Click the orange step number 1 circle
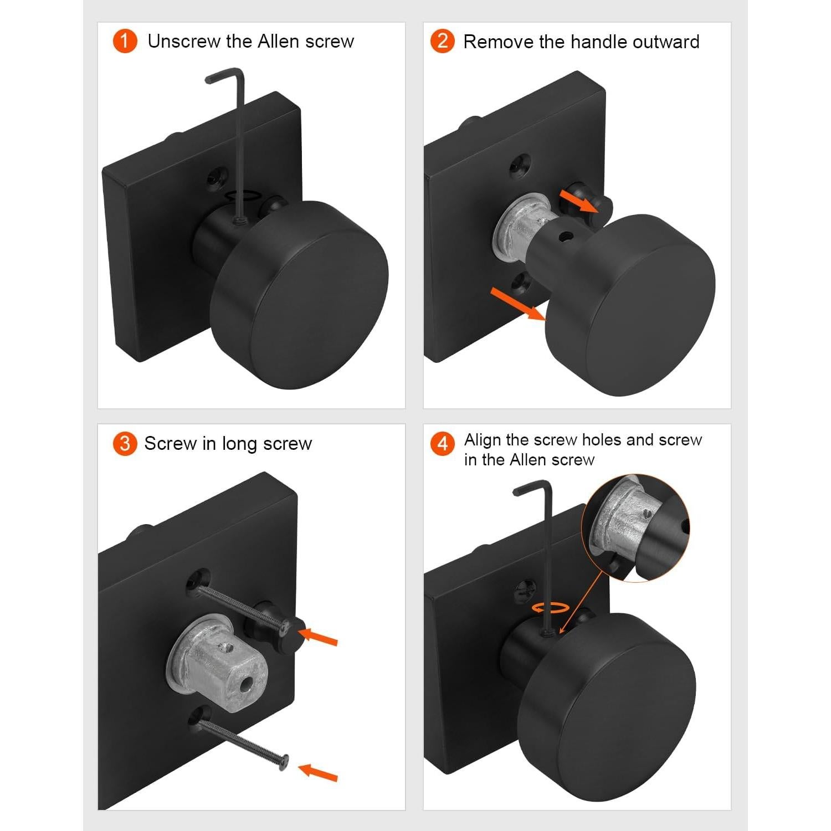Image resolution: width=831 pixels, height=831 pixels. tap(125, 42)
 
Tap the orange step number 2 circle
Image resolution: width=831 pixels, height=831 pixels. tap(443, 42)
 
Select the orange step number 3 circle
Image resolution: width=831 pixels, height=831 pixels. tap(125, 444)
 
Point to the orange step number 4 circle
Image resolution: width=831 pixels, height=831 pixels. tap(443, 444)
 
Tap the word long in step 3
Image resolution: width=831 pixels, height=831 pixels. tap(240, 444)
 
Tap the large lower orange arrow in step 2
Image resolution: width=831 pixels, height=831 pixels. tap(519, 304)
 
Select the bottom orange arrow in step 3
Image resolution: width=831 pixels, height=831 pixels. tap(318, 772)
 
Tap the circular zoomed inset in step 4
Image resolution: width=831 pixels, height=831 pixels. tap(636, 528)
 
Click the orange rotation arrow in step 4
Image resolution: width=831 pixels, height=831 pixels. tap(551, 608)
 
